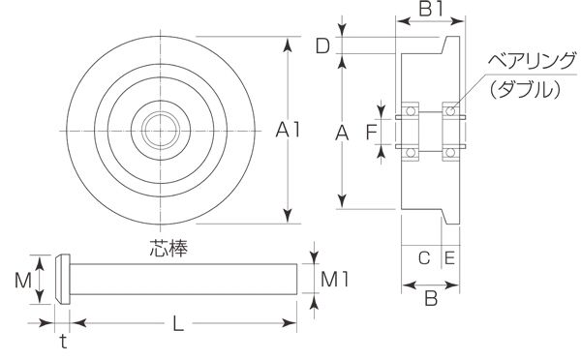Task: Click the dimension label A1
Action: pos(288,131)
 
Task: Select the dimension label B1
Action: pos(431,10)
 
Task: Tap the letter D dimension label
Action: pos(322,45)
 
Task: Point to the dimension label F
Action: pos(371,133)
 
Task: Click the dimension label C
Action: pos(424,257)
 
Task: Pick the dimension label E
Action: pos(449,257)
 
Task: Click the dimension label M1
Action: pos(334,280)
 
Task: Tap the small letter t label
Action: pos(64,341)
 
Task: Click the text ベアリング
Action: pos(532,62)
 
